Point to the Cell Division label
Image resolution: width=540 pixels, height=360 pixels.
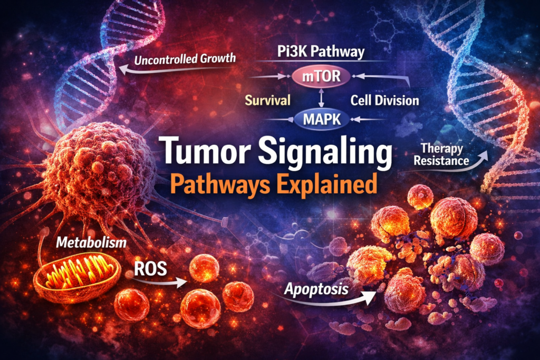tap(385, 100)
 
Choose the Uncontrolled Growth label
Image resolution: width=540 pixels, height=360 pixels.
tap(184, 59)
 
